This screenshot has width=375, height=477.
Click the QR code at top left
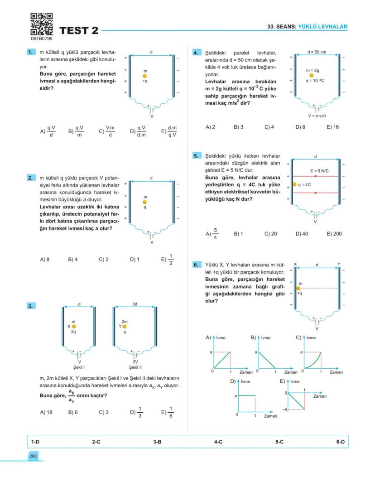(x=41, y=24)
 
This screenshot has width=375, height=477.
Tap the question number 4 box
(x=196, y=53)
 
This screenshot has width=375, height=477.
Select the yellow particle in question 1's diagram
(x=144, y=76)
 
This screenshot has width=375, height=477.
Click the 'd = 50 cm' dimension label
(x=316, y=52)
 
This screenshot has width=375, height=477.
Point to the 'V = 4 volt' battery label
(x=316, y=116)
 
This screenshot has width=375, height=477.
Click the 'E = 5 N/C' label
(x=319, y=171)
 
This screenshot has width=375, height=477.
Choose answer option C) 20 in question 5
(x=270, y=234)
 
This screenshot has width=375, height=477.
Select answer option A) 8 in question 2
(x=44, y=260)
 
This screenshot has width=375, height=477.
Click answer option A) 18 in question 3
(x=46, y=412)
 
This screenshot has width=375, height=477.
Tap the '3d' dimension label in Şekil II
(x=135, y=304)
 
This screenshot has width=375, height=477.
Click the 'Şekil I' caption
(x=79, y=367)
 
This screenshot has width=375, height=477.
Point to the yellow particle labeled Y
(x=125, y=326)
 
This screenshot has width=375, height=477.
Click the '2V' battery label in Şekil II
(x=135, y=362)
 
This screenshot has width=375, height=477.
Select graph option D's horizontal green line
(x=246, y=395)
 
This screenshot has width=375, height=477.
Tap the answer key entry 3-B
(x=157, y=441)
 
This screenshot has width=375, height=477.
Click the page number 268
(x=33, y=456)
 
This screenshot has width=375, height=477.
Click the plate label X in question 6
(x=295, y=264)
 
